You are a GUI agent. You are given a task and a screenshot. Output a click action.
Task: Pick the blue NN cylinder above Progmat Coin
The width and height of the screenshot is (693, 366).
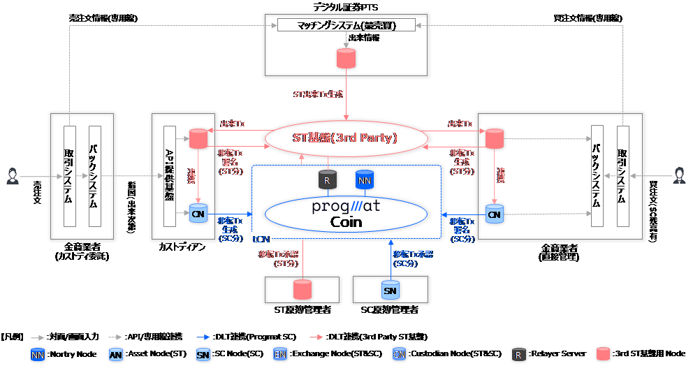(364, 181)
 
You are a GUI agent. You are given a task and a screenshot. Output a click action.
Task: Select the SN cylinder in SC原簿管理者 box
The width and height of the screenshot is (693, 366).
(390, 289)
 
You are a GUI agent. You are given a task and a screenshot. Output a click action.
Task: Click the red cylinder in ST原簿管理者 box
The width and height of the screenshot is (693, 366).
(302, 289)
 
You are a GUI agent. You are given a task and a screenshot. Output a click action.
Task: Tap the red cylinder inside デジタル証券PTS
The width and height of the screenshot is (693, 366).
(344, 59)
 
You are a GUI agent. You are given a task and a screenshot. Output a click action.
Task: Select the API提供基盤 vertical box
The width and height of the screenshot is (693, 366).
(169, 176)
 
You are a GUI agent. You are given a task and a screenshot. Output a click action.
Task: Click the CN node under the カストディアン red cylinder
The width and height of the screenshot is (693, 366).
(198, 214)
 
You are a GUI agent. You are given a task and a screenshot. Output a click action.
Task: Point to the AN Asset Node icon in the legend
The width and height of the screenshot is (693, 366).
(117, 354)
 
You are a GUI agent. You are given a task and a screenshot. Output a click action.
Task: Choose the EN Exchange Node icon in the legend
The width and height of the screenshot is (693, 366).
(279, 354)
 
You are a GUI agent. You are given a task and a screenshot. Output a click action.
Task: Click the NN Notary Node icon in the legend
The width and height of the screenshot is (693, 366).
(38, 354)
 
